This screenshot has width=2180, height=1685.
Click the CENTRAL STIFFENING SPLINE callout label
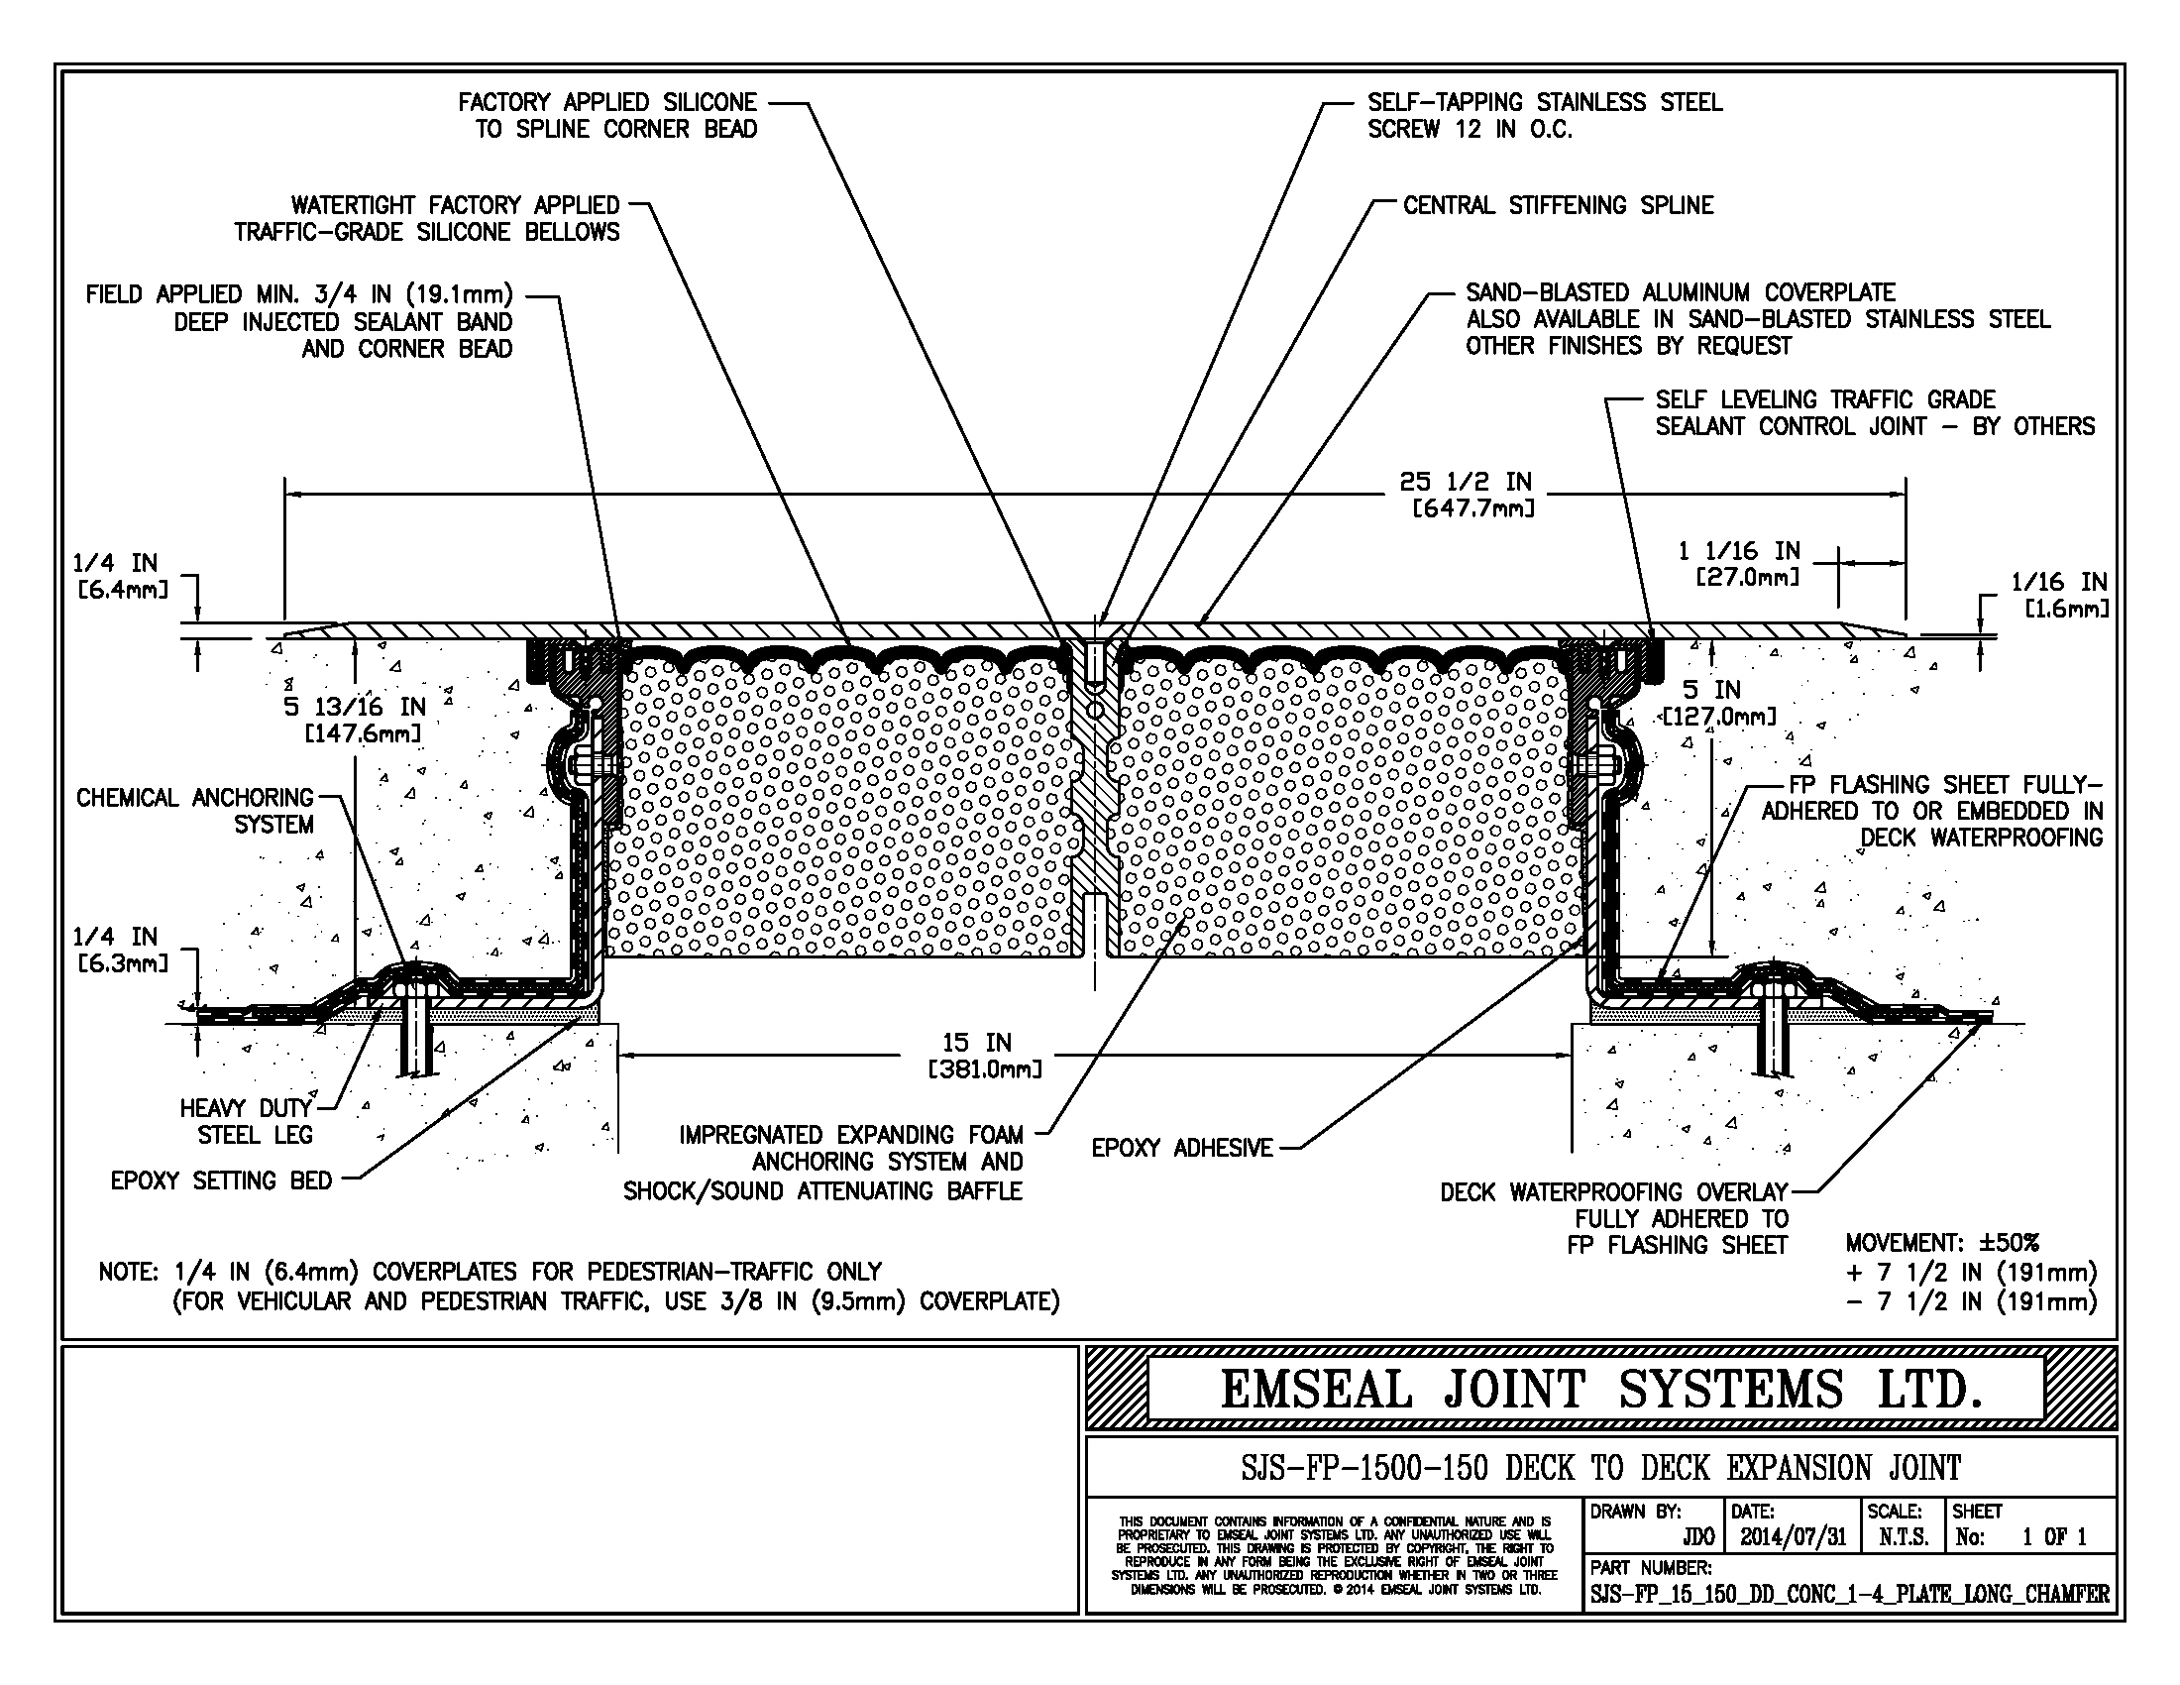click(x=1557, y=205)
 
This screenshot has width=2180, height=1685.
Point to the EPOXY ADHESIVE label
click(x=1182, y=1148)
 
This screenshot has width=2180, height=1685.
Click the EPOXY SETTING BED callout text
click(x=221, y=1180)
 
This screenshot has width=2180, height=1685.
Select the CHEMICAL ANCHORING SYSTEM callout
click(x=195, y=811)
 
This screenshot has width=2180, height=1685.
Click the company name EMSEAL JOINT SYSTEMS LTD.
click(x=1600, y=1390)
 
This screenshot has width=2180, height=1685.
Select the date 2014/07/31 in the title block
click(x=1794, y=1536)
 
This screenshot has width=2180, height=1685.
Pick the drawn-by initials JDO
click(x=1697, y=1537)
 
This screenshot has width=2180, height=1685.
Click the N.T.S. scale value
click(x=1903, y=1537)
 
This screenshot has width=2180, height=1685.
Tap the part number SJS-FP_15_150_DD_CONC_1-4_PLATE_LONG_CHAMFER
click(x=1850, y=1594)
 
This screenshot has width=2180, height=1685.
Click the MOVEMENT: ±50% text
click(x=1941, y=1243)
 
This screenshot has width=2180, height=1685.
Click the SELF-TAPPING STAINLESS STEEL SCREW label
click(x=1544, y=116)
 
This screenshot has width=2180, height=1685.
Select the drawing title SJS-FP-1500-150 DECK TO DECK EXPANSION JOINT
click(x=1600, y=1467)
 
